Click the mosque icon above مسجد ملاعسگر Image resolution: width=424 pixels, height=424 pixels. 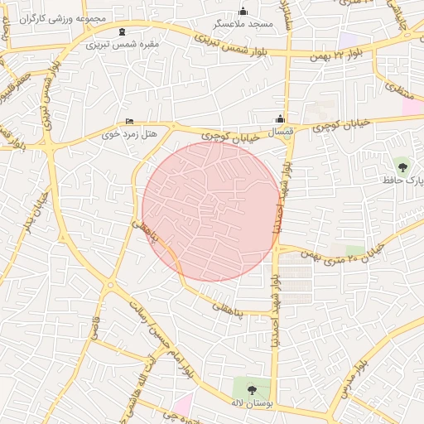(x=243, y=12)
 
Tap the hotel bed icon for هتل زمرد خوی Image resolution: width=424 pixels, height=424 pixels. (x=128, y=121)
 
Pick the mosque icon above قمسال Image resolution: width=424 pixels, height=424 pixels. (x=280, y=118)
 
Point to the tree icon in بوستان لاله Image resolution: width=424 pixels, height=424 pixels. (x=252, y=389)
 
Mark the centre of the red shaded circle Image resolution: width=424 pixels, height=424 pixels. (x=211, y=211)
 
